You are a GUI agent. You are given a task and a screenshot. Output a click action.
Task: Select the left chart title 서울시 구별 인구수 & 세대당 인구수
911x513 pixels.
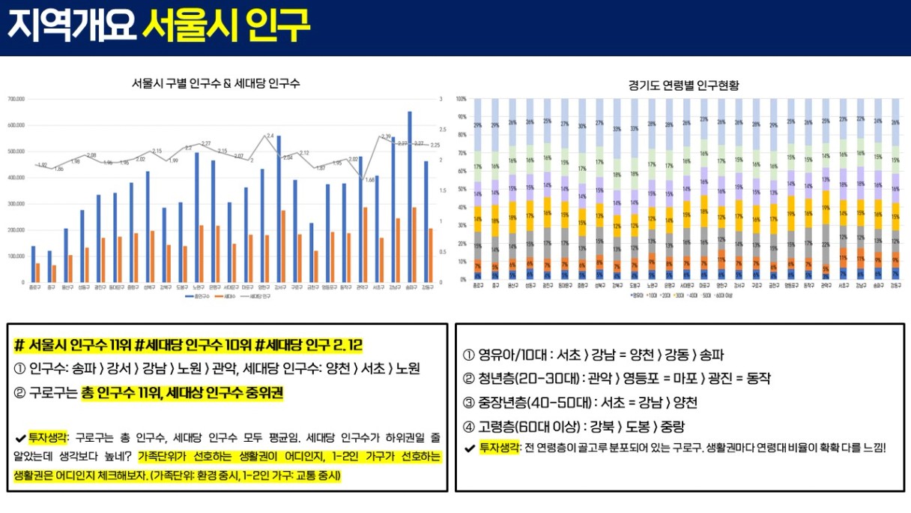216,83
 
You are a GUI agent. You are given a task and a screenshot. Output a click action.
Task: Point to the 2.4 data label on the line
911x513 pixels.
270,136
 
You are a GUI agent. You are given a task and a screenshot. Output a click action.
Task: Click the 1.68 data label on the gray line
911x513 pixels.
370,180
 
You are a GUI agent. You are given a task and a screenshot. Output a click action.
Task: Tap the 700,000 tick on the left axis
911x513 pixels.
16,99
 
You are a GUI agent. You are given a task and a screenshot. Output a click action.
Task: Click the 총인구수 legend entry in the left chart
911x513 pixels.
196,297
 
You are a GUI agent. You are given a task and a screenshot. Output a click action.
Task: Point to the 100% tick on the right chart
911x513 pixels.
461,99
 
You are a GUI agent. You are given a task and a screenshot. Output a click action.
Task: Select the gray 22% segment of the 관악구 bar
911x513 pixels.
825,244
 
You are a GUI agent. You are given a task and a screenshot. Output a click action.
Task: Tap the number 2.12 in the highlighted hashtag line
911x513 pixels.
349,345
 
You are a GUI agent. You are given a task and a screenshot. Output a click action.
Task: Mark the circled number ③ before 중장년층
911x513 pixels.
469,403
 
